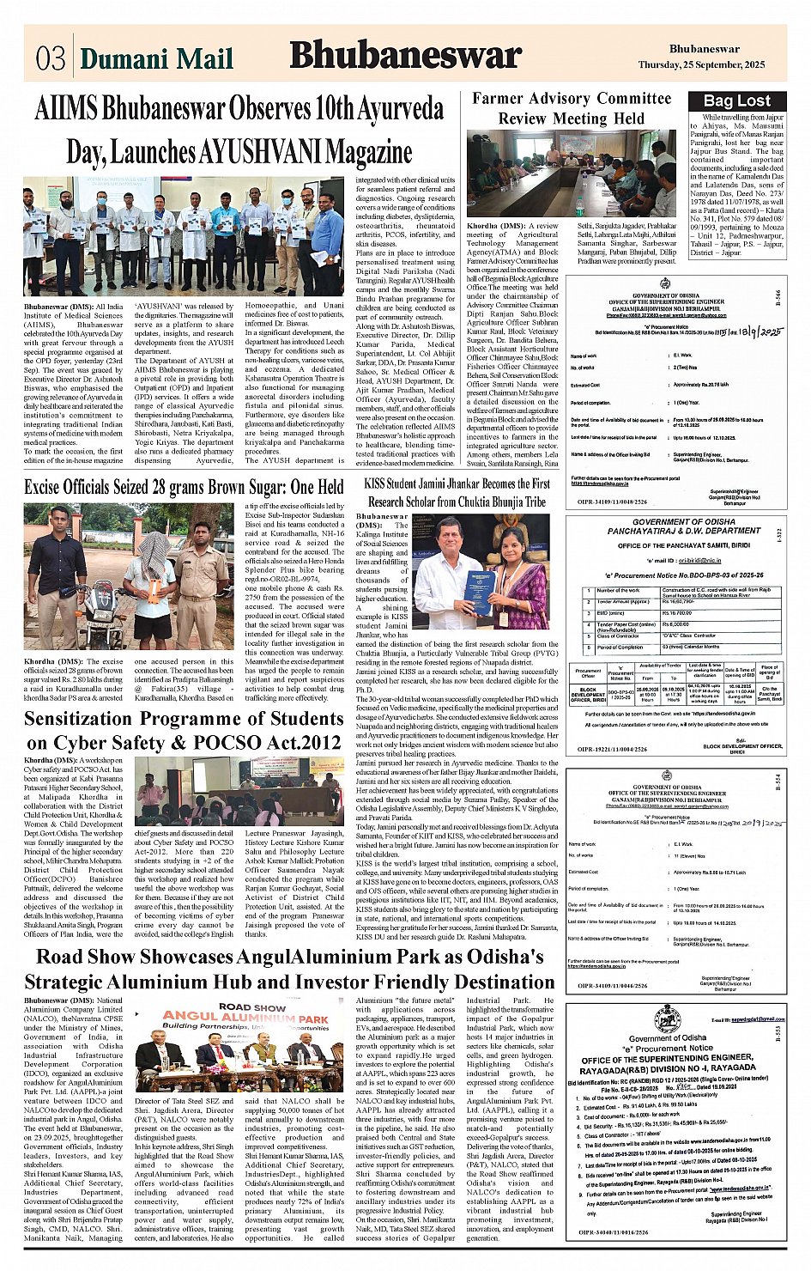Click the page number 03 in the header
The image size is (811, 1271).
(x=51, y=58)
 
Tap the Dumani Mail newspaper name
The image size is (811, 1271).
(x=156, y=58)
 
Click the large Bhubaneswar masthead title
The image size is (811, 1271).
(x=405, y=56)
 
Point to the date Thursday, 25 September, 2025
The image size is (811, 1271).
(x=701, y=65)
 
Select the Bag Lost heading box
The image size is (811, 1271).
(x=736, y=100)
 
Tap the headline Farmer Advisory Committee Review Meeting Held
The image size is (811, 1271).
(x=572, y=108)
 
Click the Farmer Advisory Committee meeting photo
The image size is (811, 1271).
(x=572, y=174)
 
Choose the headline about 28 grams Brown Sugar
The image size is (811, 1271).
(x=184, y=488)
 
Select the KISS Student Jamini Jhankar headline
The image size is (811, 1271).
(x=457, y=492)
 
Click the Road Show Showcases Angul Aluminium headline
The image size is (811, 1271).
(x=289, y=969)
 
